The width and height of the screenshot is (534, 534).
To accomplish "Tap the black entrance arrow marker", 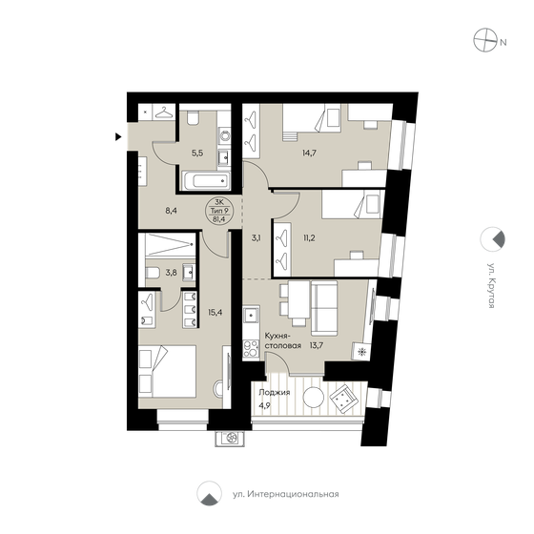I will (x=118, y=137).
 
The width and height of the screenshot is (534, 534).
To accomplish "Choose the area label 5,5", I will (x=198, y=152).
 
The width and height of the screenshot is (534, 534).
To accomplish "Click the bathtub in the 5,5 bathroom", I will (x=200, y=178).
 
